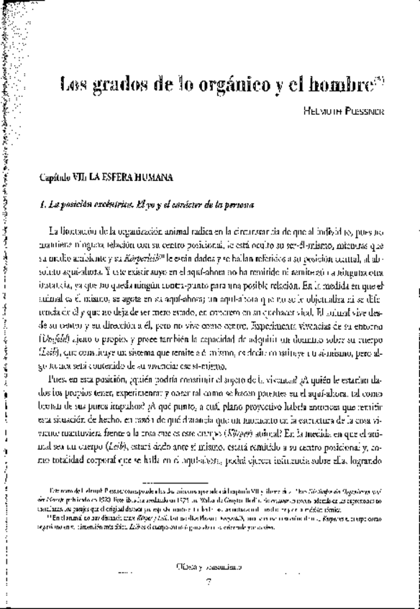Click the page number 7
(206, 580)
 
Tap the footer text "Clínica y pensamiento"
(206, 566)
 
